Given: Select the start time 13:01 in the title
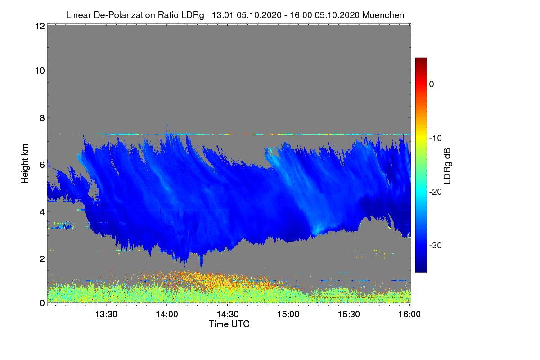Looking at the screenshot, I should click(222, 15).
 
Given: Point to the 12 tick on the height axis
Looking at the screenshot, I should click(39, 26).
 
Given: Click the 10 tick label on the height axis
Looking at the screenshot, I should click(39, 71).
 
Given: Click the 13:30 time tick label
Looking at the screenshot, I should click(106, 315).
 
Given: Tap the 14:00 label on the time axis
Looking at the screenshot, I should click(167, 315).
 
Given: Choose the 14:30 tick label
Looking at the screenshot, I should click(228, 315).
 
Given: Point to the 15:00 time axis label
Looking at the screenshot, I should click(288, 315).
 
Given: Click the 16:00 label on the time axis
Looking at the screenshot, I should click(409, 315).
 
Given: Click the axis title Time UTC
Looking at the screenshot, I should click(229, 324).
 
